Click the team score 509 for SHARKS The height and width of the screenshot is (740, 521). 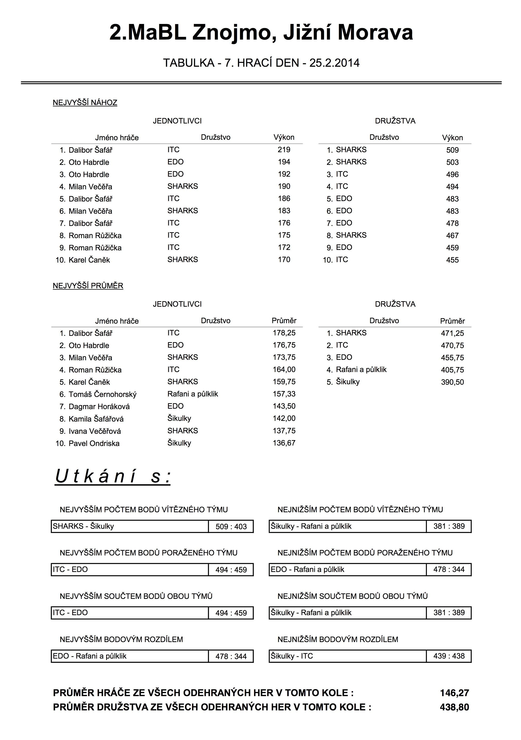point(452,150)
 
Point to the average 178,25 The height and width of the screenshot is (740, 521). point(284,333)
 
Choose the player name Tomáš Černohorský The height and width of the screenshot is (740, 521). point(102,394)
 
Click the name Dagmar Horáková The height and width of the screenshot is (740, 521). point(99,406)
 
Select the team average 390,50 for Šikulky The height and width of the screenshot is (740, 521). point(452,382)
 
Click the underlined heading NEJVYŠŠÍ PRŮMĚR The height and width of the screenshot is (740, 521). point(88,286)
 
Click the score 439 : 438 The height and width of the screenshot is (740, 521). point(449,656)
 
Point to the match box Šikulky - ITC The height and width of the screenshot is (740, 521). point(347,656)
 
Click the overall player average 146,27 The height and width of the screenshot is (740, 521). point(454,693)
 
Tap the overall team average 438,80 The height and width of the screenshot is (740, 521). point(454,707)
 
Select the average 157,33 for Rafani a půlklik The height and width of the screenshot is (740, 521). point(284,394)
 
